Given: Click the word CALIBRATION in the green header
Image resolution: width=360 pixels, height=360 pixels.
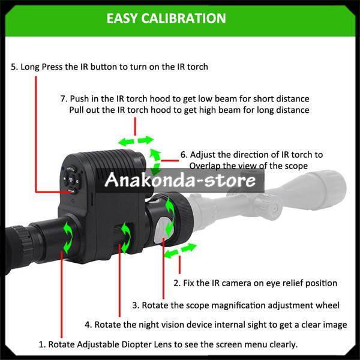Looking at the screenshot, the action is (184, 19).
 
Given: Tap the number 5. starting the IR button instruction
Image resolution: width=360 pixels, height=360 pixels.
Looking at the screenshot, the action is (14, 67).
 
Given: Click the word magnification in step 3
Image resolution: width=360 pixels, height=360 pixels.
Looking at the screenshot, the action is (238, 305).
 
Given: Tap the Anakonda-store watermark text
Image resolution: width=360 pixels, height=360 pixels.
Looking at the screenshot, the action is (180, 180).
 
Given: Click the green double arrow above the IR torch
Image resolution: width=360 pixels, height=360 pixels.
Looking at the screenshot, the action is (136, 140).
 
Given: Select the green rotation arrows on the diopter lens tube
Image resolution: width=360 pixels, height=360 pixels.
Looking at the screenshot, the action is (68, 237).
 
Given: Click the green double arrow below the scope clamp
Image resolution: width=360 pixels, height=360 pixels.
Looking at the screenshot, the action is (181, 251).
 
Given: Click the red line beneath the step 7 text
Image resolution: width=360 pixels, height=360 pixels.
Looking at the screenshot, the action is (135, 127).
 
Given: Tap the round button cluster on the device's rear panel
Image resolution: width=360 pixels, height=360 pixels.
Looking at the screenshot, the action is (71, 177).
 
